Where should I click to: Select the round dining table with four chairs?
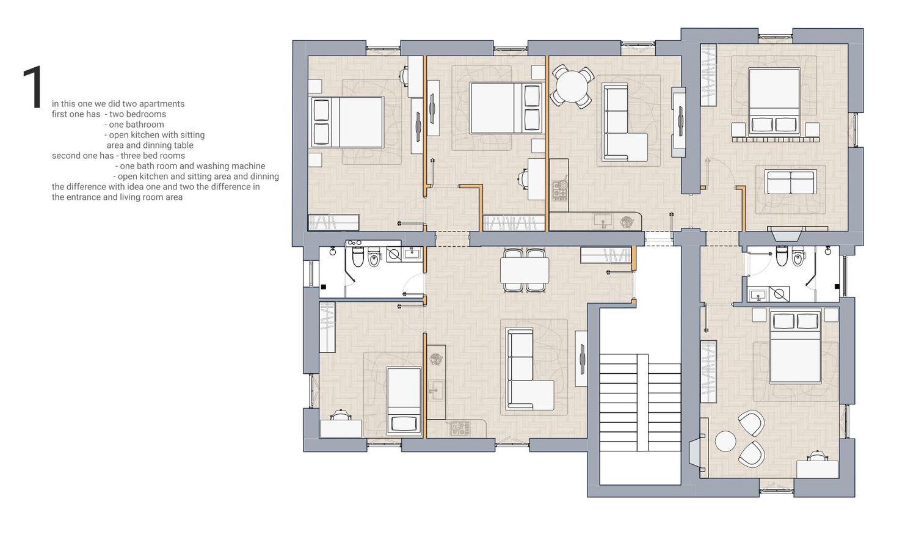(573, 87)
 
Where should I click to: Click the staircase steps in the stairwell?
(640, 403)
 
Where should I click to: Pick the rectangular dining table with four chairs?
(524, 271)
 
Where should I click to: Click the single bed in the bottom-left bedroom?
(404, 401)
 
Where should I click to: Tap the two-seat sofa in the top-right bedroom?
(790, 183)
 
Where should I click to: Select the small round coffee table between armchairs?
(725, 442)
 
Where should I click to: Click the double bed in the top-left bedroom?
(347, 122)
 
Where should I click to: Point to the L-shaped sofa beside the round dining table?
(625, 123)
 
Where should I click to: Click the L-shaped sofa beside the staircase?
(529, 369)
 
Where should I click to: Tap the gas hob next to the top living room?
(559, 189)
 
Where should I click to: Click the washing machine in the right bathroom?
(779, 294)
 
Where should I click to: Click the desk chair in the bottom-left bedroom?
(341, 415)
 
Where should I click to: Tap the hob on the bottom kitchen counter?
(460, 428)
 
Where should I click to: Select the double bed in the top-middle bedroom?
(506, 108)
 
